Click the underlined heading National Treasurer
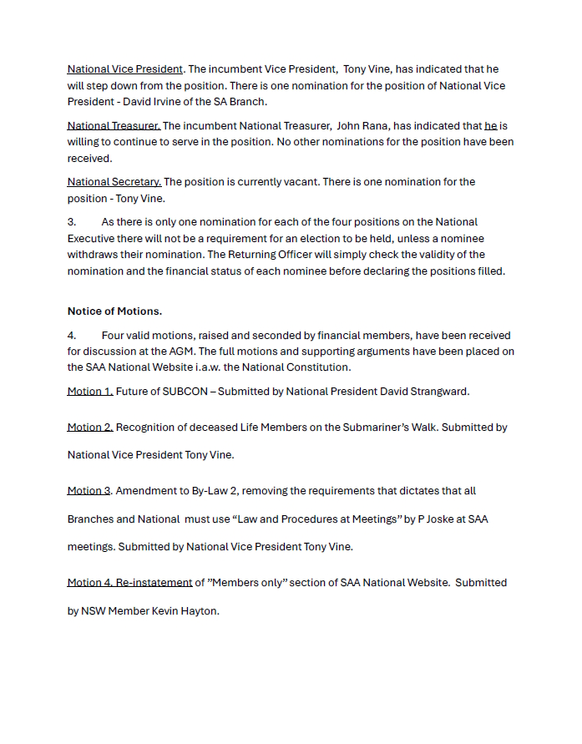tap(114, 125)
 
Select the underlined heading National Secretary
tap(114, 181)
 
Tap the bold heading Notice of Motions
tap(114, 311)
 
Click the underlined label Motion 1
tap(90, 391)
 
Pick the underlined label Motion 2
tap(90, 427)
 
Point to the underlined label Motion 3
tap(89, 490)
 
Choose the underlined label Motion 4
tap(90, 582)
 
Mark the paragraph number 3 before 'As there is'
tap(71, 221)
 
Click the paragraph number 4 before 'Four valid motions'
tap(71, 335)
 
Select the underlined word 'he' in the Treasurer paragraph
tap(490, 125)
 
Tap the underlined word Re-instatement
tap(154, 582)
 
